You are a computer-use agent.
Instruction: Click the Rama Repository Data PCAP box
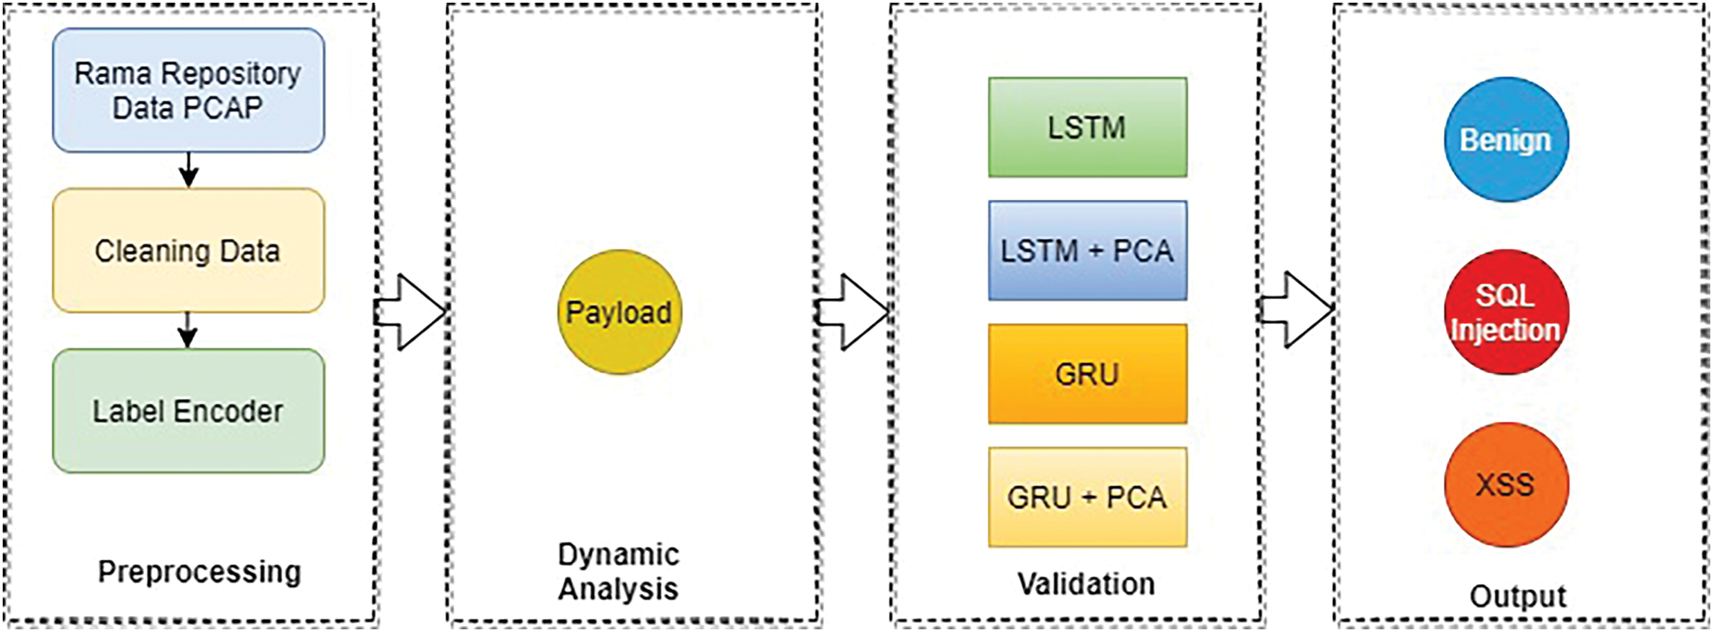coord(188,90)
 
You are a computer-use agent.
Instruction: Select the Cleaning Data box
coord(188,251)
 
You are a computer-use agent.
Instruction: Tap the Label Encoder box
coord(188,411)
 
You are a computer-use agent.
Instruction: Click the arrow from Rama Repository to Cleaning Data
coord(188,170)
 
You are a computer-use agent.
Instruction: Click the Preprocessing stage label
coord(199,572)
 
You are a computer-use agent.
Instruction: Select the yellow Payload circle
coord(619,312)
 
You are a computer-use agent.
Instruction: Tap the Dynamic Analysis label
coord(618,572)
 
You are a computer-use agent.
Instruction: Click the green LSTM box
coord(1087,127)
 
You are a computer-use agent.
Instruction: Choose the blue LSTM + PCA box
coord(1087,251)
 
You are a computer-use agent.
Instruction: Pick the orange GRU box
coord(1087,374)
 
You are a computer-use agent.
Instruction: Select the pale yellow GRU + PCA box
coord(1087,497)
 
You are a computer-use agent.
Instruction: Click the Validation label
coord(1086,584)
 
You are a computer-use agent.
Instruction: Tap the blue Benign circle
coord(1506,140)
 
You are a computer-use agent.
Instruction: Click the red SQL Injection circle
coord(1506,312)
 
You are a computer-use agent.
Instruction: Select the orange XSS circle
coord(1506,485)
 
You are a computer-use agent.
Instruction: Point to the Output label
coord(1518,597)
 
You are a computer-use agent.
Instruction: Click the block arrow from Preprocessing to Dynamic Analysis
coord(413,312)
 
